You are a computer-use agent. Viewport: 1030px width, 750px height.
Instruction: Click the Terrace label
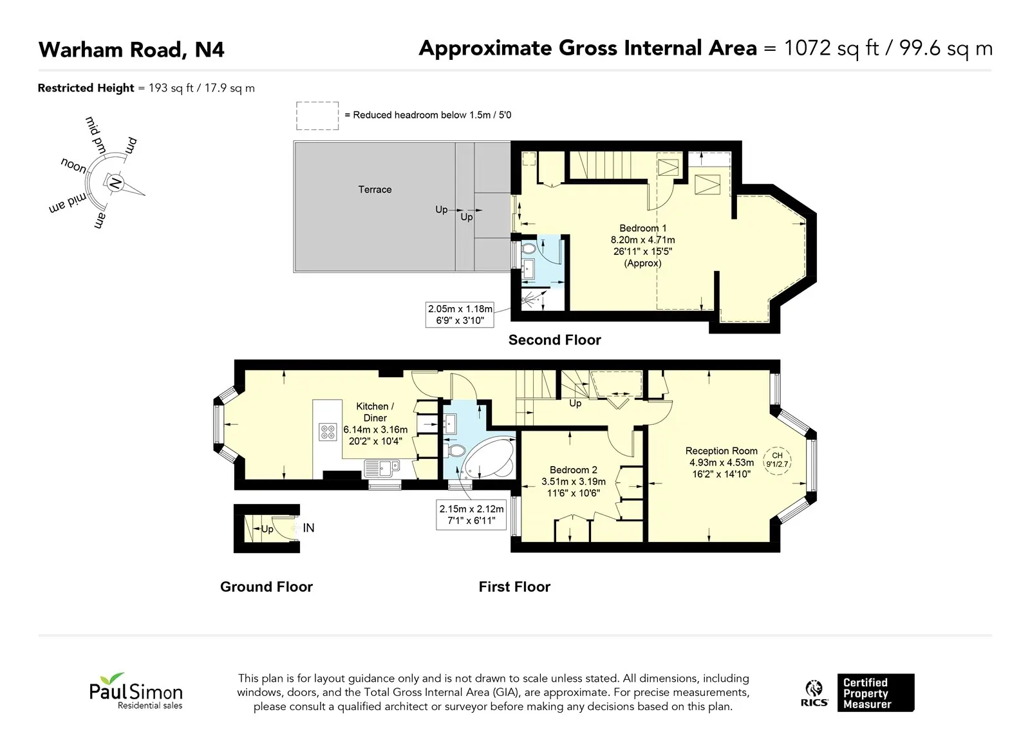click(x=375, y=189)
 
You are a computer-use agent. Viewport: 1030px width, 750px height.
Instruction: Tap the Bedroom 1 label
click(x=642, y=228)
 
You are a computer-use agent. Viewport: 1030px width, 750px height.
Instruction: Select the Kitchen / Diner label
click(x=375, y=412)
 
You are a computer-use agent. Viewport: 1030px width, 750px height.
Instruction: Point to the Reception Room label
click(x=721, y=451)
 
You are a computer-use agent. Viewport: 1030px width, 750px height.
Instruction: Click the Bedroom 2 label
click(x=574, y=469)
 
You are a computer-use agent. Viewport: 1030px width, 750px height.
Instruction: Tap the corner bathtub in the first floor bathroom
click(x=489, y=458)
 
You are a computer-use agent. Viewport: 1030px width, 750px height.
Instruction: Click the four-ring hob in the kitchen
click(x=328, y=432)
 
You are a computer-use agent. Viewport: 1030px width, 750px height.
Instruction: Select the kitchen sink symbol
click(x=382, y=468)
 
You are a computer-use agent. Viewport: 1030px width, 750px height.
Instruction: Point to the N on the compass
click(x=115, y=183)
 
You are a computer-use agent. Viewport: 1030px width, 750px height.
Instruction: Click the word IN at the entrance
click(x=308, y=528)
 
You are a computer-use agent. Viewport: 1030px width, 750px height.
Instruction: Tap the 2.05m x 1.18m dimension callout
click(x=460, y=315)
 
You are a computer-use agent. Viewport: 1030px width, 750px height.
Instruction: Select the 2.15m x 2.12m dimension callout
click(x=471, y=514)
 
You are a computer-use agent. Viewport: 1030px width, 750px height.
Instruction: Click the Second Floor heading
click(x=554, y=340)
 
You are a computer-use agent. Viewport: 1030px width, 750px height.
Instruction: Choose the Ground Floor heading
click(x=267, y=586)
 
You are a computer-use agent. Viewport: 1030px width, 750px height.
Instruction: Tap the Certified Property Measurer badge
click(x=876, y=693)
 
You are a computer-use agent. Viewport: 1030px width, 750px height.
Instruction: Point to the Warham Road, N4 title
click(x=131, y=50)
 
